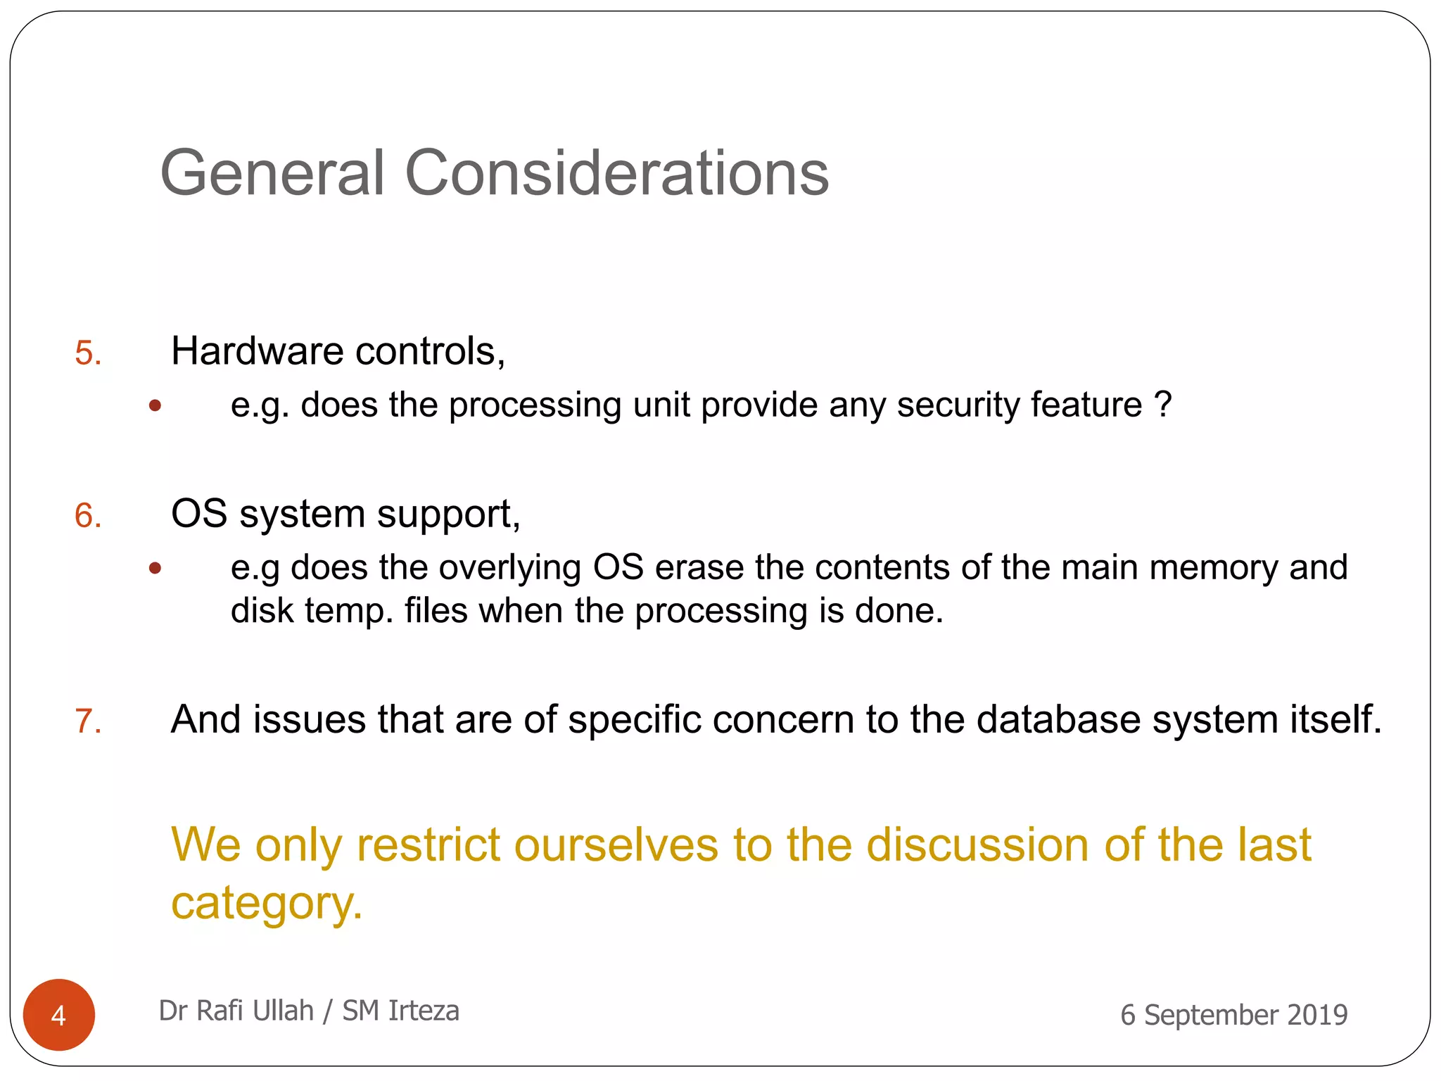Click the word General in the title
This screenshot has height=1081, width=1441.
click(273, 173)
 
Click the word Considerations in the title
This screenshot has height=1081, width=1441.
click(616, 173)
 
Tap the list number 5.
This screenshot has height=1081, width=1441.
click(88, 353)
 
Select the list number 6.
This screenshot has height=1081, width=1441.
click(88, 516)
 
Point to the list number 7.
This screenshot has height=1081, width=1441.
click(88, 721)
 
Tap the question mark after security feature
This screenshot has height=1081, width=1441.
click(1163, 405)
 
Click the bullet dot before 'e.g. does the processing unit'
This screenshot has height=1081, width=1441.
click(155, 405)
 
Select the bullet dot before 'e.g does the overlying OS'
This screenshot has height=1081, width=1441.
click(155, 568)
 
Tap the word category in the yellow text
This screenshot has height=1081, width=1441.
click(266, 904)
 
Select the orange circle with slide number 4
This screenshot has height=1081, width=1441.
click(59, 1014)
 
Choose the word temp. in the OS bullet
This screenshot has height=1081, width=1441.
click(349, 611)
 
